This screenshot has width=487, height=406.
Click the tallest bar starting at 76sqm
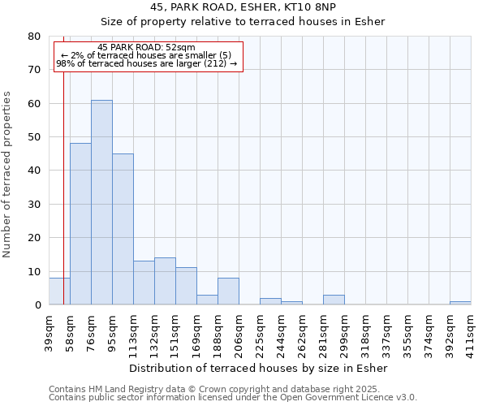coord(101,202)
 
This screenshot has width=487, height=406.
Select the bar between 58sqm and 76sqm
coord(80,224)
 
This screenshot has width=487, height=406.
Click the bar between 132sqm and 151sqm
coord(165,281)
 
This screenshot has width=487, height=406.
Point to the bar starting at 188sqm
coord(228,292)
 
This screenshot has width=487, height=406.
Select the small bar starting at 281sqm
coord(334,300)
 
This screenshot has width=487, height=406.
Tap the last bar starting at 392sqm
coord(460,303)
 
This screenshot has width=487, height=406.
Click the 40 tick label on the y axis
coord(34,171)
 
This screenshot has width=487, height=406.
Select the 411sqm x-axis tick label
coord(472,334)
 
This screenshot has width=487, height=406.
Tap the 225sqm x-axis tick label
coord(261,334)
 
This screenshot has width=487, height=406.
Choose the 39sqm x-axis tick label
coord(50,332)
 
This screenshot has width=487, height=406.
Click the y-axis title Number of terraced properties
coord(7,174)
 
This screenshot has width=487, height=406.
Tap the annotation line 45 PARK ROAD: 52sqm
coord(146,48)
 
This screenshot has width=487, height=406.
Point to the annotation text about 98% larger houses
coord(147,63)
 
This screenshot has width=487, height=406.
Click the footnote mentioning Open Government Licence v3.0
coord(233,398)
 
